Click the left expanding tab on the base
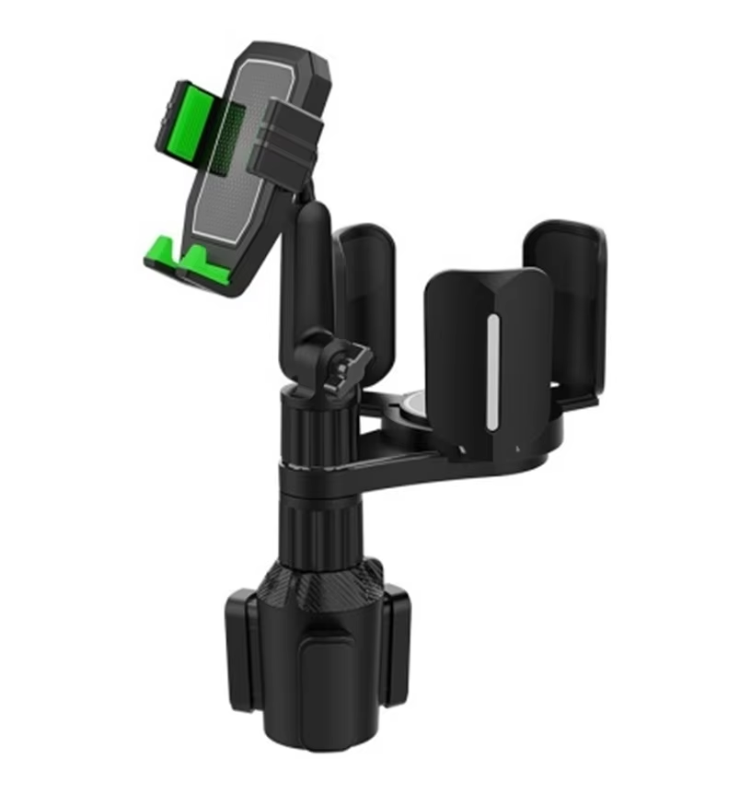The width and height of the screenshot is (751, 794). tap(241, 654)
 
